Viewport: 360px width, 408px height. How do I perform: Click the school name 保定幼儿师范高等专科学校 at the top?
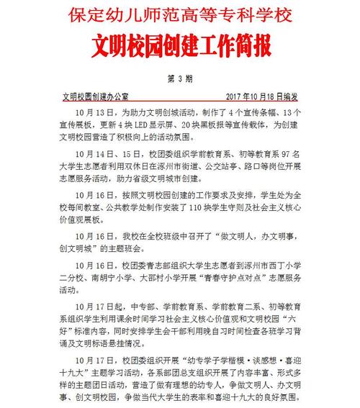click(180, 15)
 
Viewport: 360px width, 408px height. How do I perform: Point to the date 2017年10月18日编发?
click(262, 96)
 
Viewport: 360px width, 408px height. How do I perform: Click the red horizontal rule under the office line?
click(180, 102)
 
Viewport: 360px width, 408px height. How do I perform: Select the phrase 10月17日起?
click(101, 312)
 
